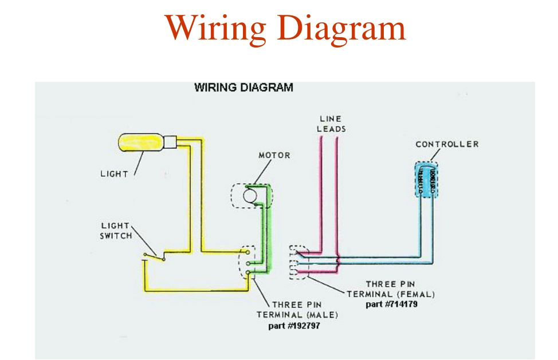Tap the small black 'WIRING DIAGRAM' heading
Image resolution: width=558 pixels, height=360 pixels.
(243, 88)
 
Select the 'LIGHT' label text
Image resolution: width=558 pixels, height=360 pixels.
(114, 174)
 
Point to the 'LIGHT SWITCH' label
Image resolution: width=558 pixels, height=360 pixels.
(117, 231)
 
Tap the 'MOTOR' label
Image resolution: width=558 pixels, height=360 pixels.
(274, 155)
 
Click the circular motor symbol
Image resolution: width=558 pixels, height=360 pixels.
(250, 196)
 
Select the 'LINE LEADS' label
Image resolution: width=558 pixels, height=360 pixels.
(331, 124)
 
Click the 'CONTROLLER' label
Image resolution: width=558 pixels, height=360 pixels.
(447, 144)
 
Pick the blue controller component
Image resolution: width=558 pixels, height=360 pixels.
(426, 180)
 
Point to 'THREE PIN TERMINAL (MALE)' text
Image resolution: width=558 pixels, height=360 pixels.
(297, 310)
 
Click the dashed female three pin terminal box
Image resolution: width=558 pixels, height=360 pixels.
(298, 263)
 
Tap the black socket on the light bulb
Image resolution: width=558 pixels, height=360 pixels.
(170, 141)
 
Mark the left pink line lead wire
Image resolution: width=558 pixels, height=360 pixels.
(320, 189)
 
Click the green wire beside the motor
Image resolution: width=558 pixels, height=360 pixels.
(264, 229)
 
